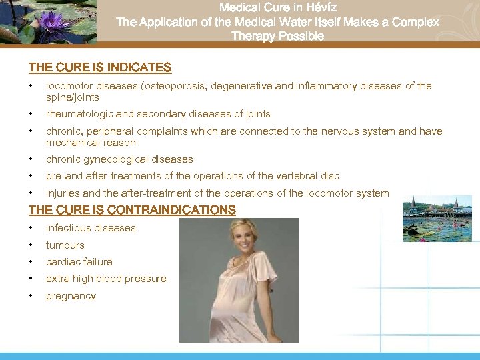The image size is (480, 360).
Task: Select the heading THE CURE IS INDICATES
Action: click(x=99, y=67)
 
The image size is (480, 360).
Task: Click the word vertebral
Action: click(x=294, y=176)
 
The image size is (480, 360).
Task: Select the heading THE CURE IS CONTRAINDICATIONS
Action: click(x=131, y=210)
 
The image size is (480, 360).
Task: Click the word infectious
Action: click(x=67, y=228)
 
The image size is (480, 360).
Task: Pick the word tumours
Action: click(x=65, y=245)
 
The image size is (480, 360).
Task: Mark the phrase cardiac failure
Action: click(x=79, y=262)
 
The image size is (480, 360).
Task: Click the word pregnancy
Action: click(x=71, y=296)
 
